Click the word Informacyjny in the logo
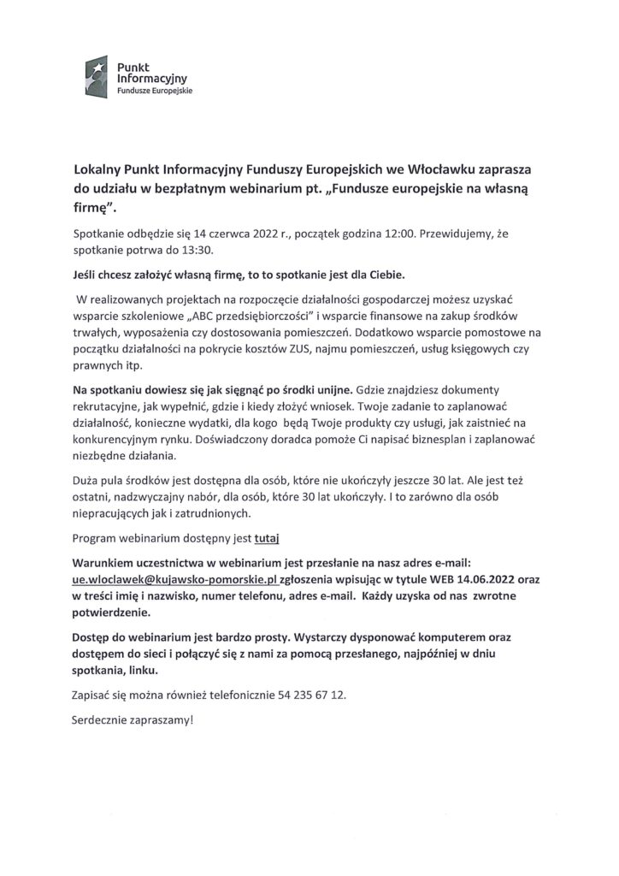point(145,76)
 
